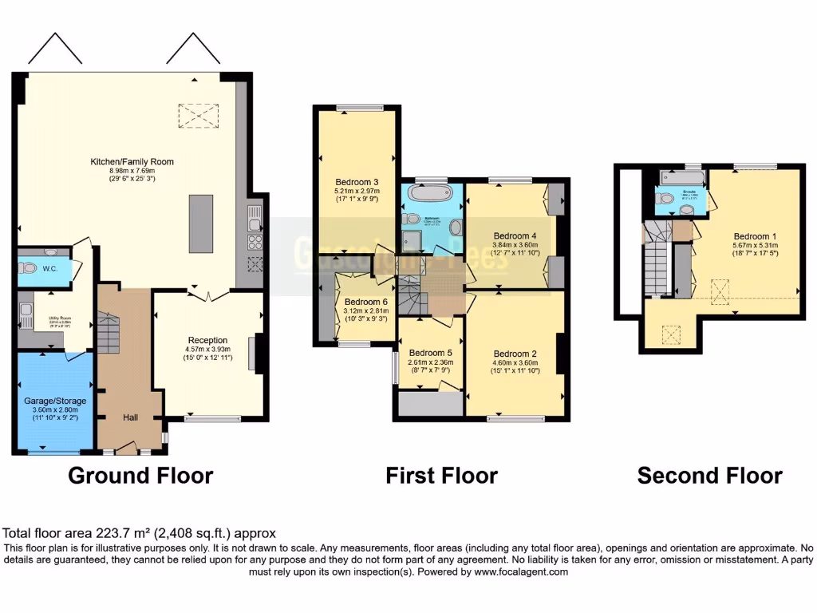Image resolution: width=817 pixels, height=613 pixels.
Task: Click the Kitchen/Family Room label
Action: (132, 162)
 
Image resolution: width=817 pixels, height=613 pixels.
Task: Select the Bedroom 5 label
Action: (430, 353)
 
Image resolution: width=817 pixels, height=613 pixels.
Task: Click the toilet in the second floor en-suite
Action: (685, 209)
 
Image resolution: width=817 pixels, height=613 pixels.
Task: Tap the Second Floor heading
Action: (709, 476)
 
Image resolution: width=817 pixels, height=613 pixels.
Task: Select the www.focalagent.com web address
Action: (520, 571)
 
